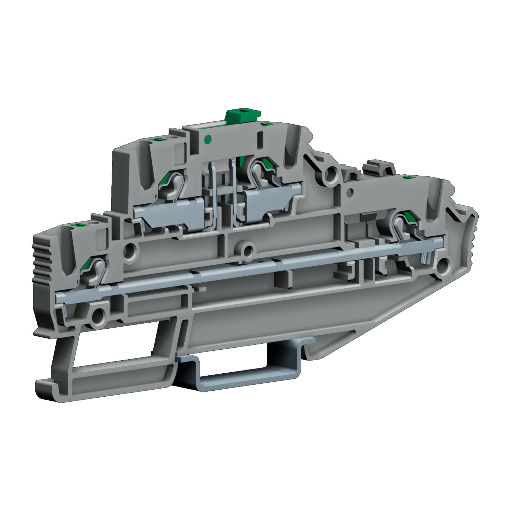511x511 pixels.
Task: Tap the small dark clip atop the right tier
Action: [x=378, y=167]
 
